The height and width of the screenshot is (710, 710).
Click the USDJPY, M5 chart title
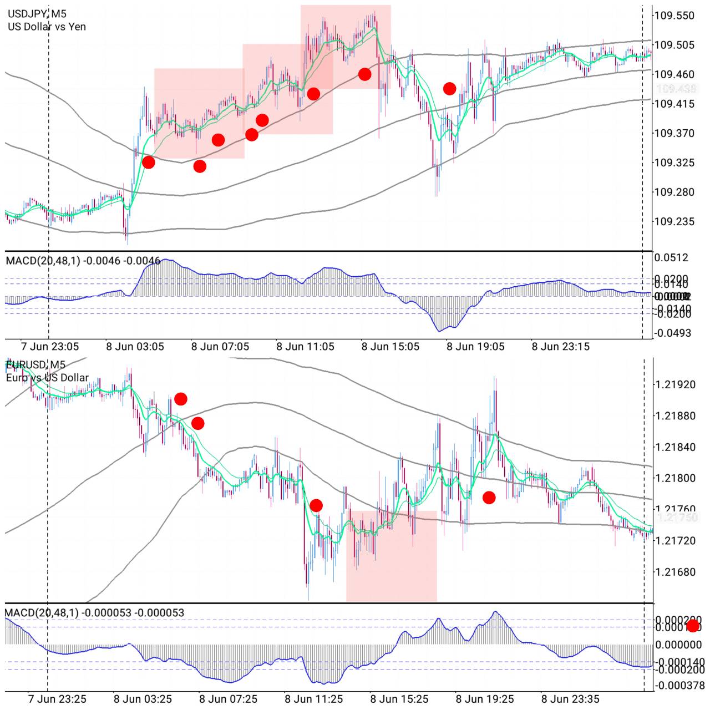coord(36,13)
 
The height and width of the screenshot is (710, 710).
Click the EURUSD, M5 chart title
coord(36,364)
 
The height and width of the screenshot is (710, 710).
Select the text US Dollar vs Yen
coord(47,27)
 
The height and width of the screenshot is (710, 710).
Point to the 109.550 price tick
coord(674,16)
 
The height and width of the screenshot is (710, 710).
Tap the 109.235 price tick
coord(674,222)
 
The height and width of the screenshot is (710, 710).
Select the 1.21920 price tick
coord(675,384)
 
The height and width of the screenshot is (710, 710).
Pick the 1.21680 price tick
coord(675,572)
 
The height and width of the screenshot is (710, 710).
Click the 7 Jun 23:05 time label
coord(50,347)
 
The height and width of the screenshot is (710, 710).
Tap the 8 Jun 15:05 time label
coord(390,347)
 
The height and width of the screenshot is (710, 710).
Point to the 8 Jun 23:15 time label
coord(560,347)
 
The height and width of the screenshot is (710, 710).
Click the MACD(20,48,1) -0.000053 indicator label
coord(94,612)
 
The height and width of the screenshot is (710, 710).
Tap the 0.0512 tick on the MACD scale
coord(671,257)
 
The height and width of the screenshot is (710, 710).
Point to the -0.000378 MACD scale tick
coord(679,686)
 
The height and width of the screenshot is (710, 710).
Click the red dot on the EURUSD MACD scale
coord(693,626)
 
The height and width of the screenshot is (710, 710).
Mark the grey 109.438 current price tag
coord(676,89)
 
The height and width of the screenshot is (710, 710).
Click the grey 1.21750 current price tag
coord(677,517)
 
